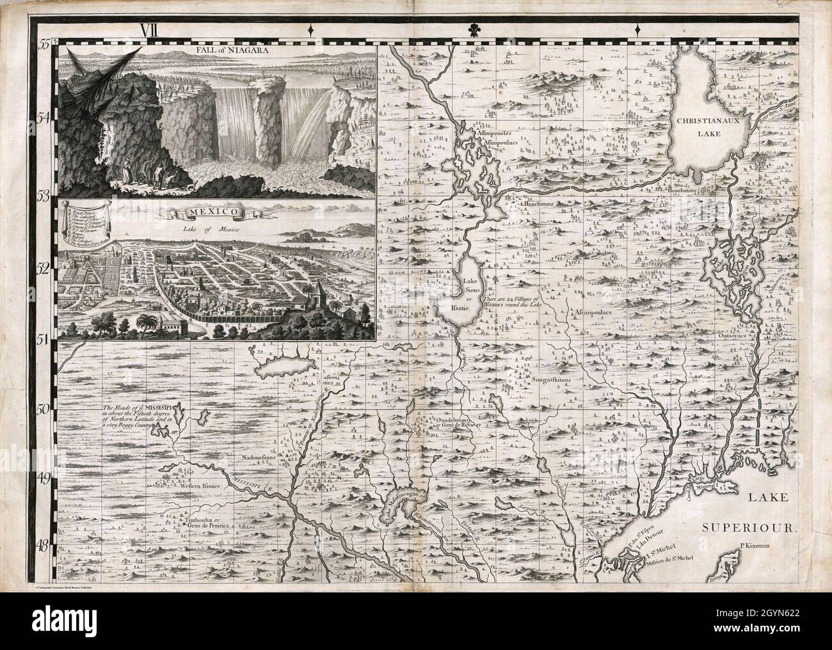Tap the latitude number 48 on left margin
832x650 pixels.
(x=45, y=545)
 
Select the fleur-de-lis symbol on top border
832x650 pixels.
(x=474, y=29)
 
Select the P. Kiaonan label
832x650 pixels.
(x=755, y=546)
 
